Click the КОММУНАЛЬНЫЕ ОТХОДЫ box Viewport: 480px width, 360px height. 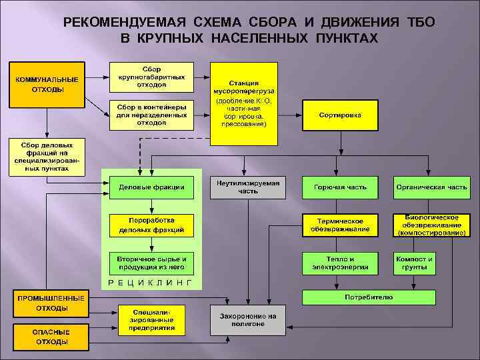(47, 84)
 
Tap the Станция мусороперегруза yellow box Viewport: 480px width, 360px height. (243, 103)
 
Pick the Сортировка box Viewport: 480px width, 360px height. (340, 115)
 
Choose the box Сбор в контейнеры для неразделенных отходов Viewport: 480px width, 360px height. (151, 115)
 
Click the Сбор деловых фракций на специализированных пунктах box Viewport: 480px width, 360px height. (47, 156)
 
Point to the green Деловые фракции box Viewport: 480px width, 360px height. (151, 187)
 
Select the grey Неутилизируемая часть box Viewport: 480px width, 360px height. (247, 187)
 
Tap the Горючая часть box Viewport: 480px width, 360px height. (340, 187)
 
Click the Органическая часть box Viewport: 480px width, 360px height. (431, 187)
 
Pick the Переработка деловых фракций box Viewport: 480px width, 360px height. (151, 225)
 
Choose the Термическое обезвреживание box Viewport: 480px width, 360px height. (340, 225)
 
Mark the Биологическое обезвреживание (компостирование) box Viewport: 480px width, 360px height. (431, 225)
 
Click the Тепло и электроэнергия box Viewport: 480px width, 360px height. (340, 263)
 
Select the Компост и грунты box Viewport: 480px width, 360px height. (414, 263)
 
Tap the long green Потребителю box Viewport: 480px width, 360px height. (369, 297)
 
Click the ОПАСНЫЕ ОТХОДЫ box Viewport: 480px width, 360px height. (51, 337)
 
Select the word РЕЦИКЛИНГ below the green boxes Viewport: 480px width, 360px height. (150, 283)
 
